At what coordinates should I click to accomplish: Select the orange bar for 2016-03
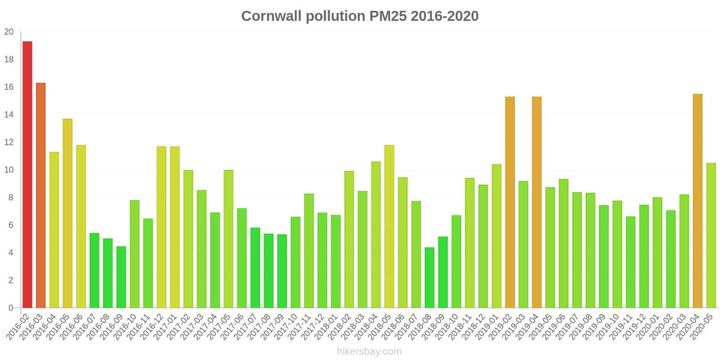41,195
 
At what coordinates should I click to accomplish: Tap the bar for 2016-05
67,213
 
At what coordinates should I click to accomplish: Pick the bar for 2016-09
121,277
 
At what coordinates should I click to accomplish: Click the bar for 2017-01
175,227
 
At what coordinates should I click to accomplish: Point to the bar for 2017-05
229,239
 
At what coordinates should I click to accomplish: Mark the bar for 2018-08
429,278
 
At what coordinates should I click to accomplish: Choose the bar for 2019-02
510,202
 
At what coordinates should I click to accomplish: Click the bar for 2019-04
537,202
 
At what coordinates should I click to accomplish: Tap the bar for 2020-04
697,201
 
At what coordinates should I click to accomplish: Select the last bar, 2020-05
711,235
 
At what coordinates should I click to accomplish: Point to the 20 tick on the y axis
9,32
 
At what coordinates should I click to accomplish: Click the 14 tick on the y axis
9,115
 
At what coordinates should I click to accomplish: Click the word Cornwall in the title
272,16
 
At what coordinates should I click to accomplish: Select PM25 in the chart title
388,16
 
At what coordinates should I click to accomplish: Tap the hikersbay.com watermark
369,351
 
